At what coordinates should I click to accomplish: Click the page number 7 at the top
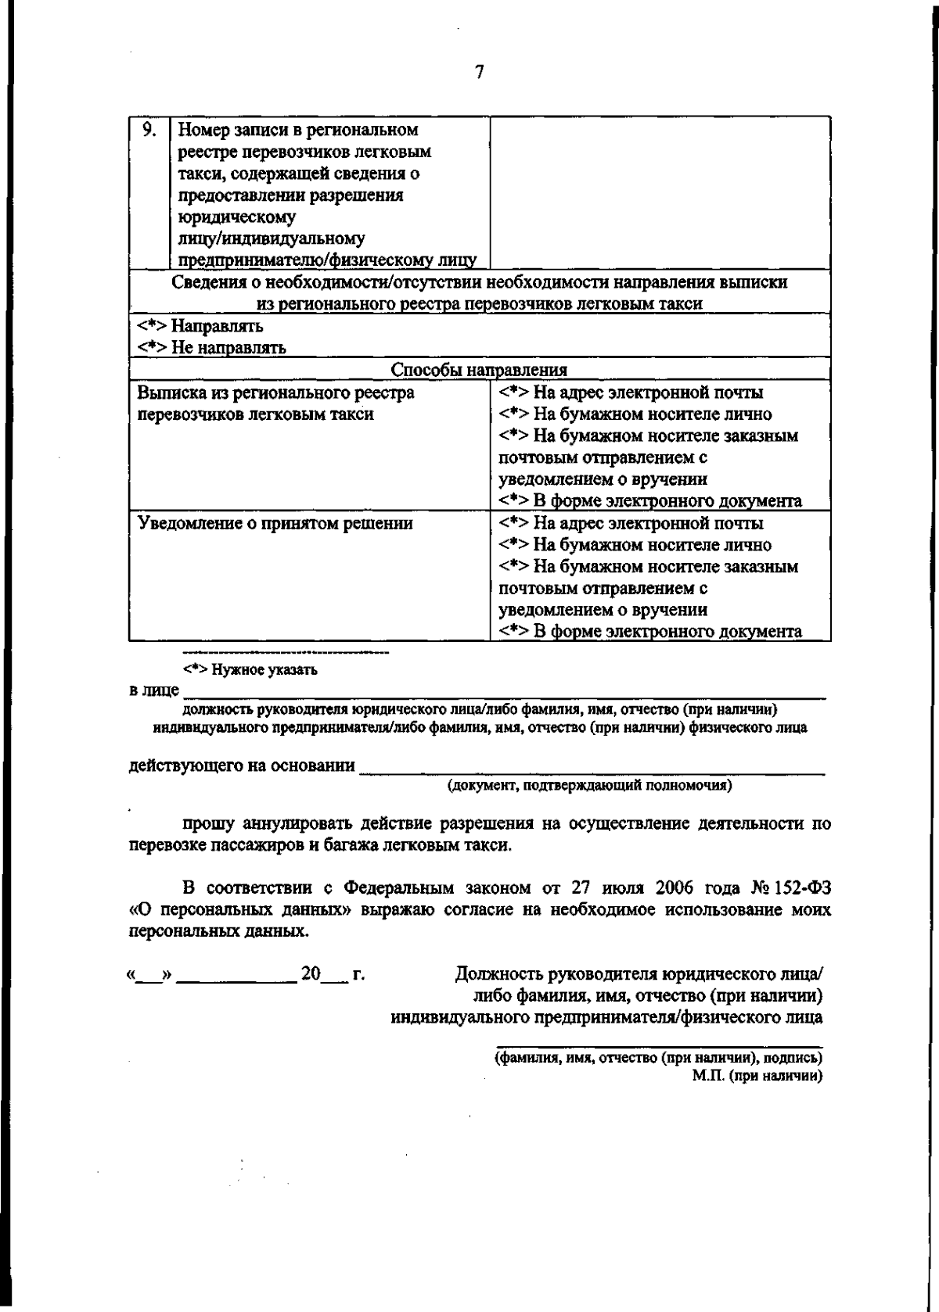coord(479,73)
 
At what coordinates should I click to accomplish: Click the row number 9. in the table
coord(149,129)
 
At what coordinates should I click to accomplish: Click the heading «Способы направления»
coord(479,370)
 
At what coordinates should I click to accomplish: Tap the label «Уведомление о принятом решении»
coord(275,523)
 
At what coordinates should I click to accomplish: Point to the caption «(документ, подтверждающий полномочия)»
coord(589,786)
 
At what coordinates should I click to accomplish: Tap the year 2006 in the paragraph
coord(675,888)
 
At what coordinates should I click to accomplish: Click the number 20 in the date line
coord(311,973)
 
